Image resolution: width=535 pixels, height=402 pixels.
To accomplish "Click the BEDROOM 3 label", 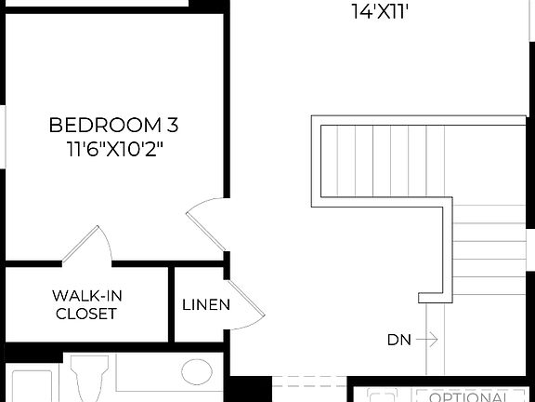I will pos(112,125).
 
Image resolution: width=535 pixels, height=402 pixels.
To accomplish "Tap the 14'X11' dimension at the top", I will pos(381,12).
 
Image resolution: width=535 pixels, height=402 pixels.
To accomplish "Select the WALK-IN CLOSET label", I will pos(86,304).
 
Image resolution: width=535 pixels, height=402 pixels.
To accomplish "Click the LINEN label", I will pos(206,304).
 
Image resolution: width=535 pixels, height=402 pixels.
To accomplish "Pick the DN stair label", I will pos(398,340).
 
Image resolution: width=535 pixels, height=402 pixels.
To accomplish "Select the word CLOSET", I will pos(86,314).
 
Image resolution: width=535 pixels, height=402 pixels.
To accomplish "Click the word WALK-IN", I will pos(86,296).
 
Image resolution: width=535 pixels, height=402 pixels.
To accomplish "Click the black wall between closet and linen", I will pos(171,304).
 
